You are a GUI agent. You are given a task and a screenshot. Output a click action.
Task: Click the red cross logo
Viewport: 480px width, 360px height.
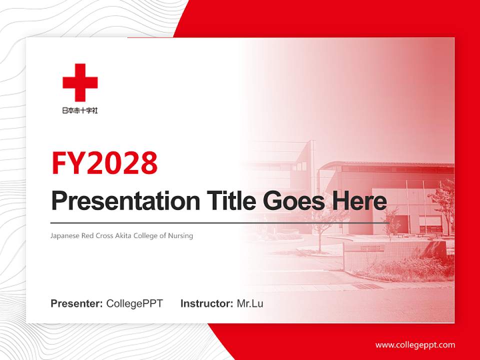pyautogui.click(x=80, y=82)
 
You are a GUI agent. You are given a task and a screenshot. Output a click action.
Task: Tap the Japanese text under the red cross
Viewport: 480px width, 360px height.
pyautogui.click(x=80, y=110)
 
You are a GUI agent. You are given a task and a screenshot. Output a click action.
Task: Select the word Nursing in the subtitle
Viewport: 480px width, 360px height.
pyautogui.click(x=181, y=235)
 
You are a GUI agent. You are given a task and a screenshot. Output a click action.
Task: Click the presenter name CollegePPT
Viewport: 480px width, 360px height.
pyautogui.click(x=134, y=303)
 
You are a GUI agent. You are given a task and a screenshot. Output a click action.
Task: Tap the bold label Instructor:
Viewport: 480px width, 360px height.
pyautogui.click(x=206, y=303)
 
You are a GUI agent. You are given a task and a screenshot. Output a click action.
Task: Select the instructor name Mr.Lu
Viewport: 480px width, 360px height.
pyautogui.click(x=249, y=303)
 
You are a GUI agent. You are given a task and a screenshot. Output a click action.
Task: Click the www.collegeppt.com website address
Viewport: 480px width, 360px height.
pyautogui.click(x=415, y=344)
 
